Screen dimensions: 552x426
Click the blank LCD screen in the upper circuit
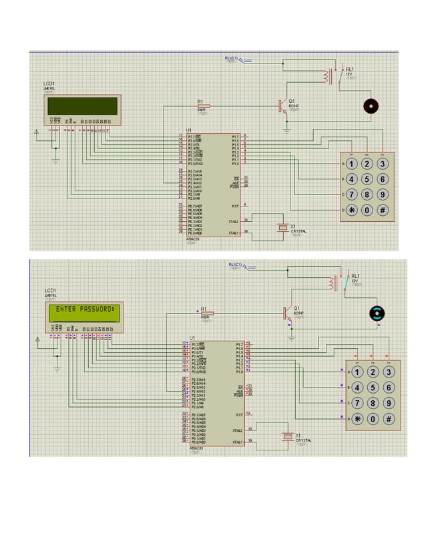(x=81, y=106)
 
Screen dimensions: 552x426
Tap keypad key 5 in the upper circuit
(x=367, y=179)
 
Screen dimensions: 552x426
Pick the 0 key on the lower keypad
(x=374, y=419)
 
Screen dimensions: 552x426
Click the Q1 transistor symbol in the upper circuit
(x=282, y=106)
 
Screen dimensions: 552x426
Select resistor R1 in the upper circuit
(x=202, y=106)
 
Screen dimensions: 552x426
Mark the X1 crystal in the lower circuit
(x=288, y=437)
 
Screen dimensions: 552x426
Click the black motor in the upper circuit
(x=369, y=106)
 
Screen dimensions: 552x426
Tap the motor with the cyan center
(x=378, y=313)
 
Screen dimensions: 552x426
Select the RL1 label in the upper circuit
(x=349, y=69)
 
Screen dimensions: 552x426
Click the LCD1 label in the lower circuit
(x=50, y=290)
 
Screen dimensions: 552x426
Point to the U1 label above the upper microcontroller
(x=189, y=129)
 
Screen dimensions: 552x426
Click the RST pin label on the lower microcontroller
(x=239, y=414)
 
